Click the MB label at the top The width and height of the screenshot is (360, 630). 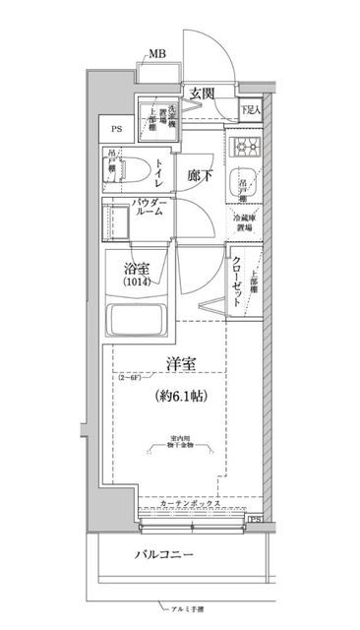pos(156,54)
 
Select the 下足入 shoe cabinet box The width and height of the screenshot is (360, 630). pos(251,111)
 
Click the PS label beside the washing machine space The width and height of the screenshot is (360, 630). pos(116,129)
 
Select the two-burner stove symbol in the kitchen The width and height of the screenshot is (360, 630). pos(244,147)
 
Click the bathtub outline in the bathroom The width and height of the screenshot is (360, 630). pos(139,324)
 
